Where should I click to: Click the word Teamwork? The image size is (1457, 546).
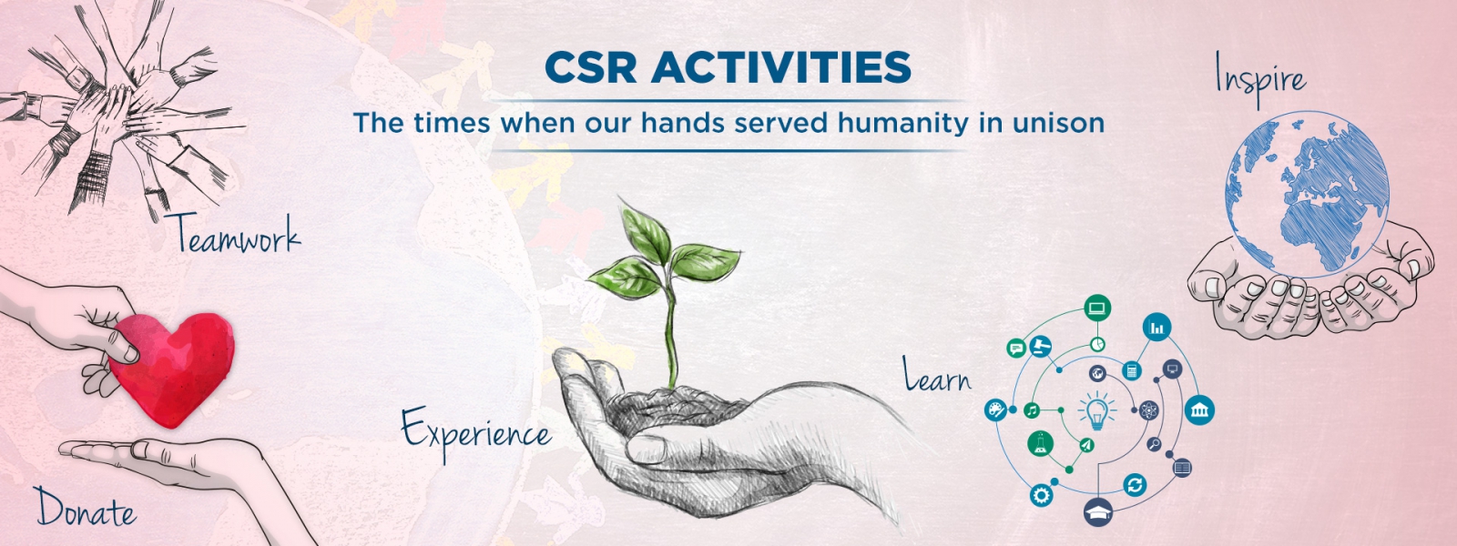(x=237, y=233)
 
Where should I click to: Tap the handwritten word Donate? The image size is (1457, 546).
(x=86, y=508)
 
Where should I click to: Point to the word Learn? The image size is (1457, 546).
(x=937, y=375)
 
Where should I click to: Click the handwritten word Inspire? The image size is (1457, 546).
(x=1260, y=79)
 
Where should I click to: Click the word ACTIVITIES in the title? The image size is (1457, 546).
(x=780, y=67)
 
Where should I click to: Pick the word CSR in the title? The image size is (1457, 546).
(x=590, y=67)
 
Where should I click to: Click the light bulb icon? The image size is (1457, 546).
(x=1097, y=410)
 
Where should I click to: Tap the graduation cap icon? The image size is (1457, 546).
(x=1098, y=511)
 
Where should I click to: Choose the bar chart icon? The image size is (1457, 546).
(x=1156, y=327)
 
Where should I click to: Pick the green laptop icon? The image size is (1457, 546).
(x=1097, y=308)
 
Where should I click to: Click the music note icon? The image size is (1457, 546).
(x=1031, y=410)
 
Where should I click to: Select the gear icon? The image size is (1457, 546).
(x=1042, y=495)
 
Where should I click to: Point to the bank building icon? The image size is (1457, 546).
(x=1198, y=410)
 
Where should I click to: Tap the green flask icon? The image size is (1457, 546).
(x=1040, y=443)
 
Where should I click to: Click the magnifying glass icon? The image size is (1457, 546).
(x=1154, y=445)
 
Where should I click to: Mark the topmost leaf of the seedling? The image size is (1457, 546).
(x=644, y=234)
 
